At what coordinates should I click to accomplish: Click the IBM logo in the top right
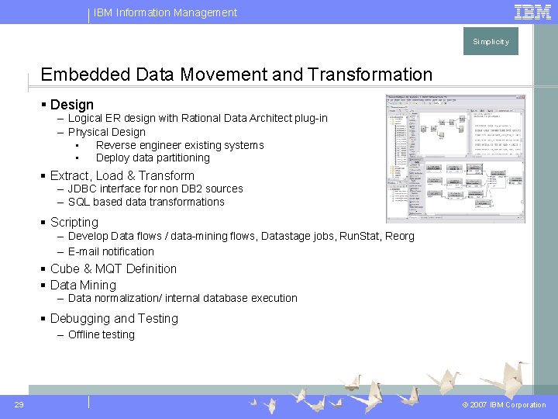click(532, 12)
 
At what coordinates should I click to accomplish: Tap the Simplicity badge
click(491, 42)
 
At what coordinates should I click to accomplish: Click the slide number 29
click(19, 404)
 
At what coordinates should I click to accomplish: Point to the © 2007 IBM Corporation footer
click(504, 405)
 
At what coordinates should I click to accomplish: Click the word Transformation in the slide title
click(370, 74)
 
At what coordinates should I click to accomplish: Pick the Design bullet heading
click(71, 105)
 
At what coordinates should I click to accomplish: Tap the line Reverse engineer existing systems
click(180, 145)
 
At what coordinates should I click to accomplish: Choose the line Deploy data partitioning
click(153, 158)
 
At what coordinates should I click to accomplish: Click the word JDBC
click(82, 189)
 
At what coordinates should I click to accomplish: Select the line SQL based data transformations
click(146, 202)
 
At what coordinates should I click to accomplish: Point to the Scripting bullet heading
click(74, 222)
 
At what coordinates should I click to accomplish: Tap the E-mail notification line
click(111, 251)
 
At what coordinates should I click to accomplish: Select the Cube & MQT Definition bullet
click(113, 269)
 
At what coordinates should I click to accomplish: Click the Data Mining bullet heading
click(83, 285)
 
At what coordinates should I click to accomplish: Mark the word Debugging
click(81, 319)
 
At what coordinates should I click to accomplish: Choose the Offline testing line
click(101, 334)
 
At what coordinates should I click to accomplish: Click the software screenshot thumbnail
click(455, 158)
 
